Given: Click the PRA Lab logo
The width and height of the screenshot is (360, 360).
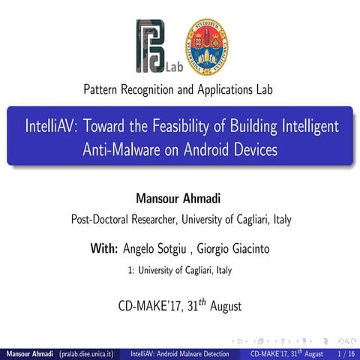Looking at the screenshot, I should [x=154, y=46].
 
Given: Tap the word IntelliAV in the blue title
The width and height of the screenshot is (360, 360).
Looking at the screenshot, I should [x=52, y=125].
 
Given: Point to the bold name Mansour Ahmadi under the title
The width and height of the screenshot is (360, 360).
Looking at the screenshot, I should [x=180, y=199].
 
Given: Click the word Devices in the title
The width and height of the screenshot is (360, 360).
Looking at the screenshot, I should [x=253, y=148].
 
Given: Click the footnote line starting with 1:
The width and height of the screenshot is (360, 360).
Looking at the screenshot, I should [x=180, y=271].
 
